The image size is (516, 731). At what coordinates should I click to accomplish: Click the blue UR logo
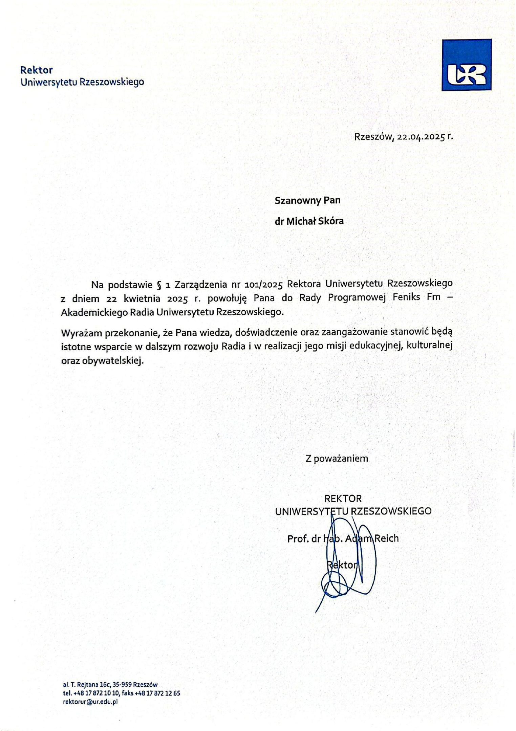466,65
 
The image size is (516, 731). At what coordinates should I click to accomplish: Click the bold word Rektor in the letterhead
37,70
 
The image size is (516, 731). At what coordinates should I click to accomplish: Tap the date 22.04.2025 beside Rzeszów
421,137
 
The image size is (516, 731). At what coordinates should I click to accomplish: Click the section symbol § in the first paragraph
159,285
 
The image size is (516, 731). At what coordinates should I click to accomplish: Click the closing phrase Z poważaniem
337,459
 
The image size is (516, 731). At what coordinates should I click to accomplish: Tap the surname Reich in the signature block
386,538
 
